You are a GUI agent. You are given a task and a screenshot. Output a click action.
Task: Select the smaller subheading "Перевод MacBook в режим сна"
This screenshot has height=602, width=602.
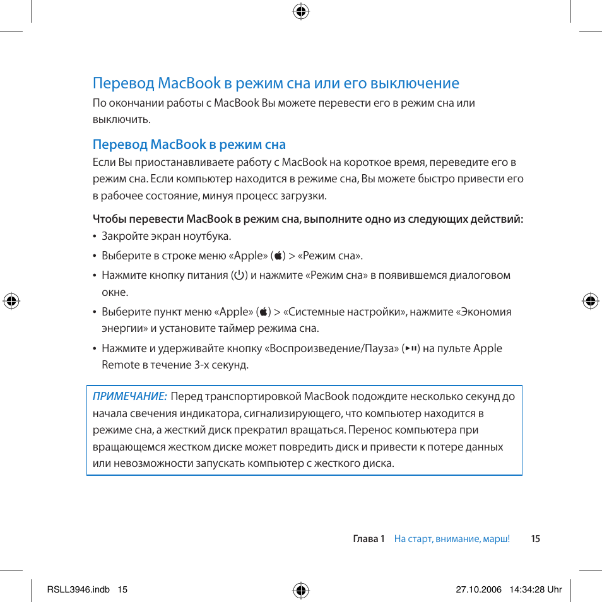(x=189, y=145)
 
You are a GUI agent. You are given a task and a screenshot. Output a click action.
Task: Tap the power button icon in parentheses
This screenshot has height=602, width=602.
(x=239, y=275)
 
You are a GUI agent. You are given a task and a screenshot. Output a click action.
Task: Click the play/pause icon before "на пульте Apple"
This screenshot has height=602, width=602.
(x=411, y=348)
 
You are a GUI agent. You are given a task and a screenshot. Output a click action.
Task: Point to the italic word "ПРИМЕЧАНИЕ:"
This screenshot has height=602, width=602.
(x=129, y=396)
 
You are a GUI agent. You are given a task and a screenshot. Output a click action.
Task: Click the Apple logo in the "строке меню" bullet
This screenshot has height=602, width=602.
(x=278, y=256)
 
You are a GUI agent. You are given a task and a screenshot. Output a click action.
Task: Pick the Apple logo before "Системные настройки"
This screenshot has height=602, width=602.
(x=263, y=312)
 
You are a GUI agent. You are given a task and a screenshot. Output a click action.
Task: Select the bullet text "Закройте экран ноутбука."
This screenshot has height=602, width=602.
(x=167, y=237)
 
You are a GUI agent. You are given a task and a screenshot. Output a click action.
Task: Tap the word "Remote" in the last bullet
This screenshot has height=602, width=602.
(x=120, y=365)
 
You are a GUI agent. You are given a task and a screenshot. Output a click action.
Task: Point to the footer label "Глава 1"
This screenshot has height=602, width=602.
(x=369, y=539)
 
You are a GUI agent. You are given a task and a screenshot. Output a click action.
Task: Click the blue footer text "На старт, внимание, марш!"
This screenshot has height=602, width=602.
(x=452, y=539)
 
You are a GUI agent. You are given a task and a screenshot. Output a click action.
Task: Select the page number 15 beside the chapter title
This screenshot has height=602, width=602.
(x=535, y=539)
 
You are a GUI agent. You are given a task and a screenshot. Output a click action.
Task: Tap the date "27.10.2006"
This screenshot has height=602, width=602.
(x=478, y=589)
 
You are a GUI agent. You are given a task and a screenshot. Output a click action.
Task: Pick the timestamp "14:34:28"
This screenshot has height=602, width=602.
(x=528, y=589)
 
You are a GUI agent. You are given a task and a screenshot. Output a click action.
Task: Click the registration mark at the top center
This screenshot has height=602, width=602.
(x=301, y=11)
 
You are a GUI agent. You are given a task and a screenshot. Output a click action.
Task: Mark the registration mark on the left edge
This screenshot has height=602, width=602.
(x=11, y=301)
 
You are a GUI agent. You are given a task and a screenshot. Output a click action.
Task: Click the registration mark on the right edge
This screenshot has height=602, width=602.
(x=590, y=301)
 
